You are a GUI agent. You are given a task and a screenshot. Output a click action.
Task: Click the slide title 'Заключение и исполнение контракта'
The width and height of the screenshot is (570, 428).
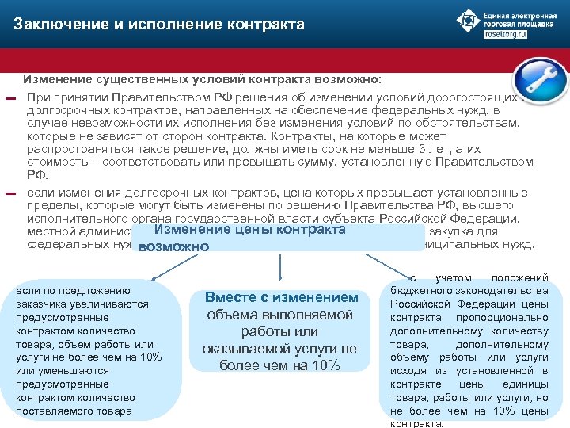pos(159,25)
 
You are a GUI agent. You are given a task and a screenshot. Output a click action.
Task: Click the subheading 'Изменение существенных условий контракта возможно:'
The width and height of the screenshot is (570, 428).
pos(202,80)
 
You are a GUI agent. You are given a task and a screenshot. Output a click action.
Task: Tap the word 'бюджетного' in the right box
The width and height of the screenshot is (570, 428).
pos(421,290)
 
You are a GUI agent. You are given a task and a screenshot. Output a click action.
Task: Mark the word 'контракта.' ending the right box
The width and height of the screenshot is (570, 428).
pos(416,424)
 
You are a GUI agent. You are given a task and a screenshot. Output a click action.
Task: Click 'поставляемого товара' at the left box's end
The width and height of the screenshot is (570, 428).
pos(74,411)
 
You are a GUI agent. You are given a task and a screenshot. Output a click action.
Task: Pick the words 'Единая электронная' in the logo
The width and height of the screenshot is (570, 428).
pos(522,15)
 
